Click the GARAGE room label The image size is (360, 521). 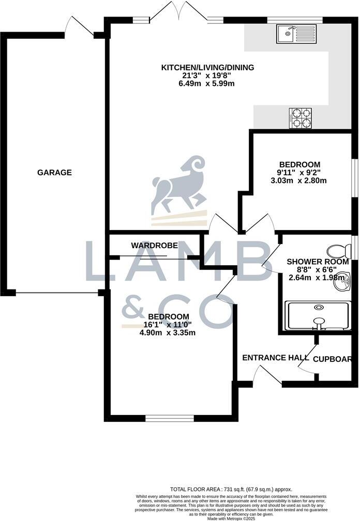[x=54, y=173]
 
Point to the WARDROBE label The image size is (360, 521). [x=154, y=245]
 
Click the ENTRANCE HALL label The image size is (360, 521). [x=272, y=358]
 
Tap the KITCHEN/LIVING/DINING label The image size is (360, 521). [x=207, y=68]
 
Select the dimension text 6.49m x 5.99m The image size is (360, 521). [x=207, y=84]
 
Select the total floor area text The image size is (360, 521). [x=231, y=489]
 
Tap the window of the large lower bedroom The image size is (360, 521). [x=170, y=418]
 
